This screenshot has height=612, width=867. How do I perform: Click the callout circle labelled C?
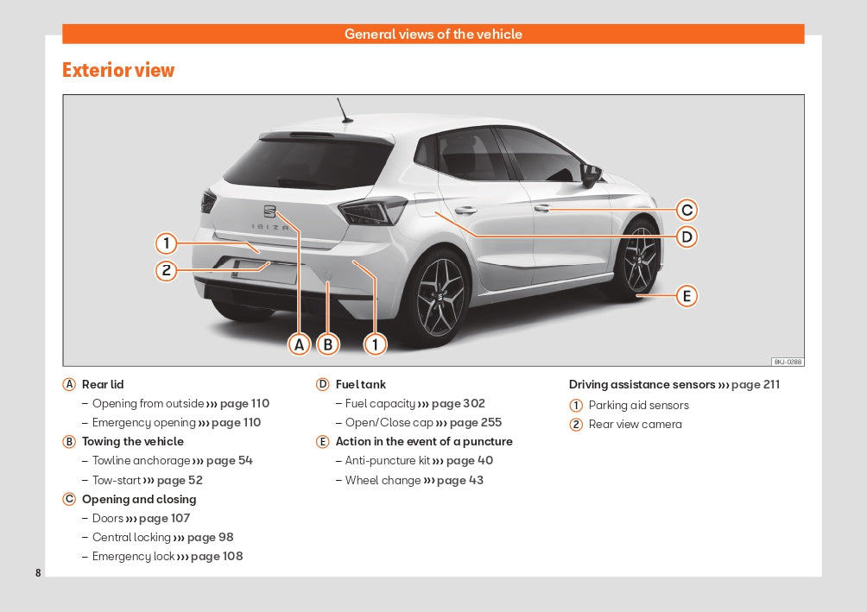point(687,210)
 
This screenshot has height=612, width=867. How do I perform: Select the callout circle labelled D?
point(687,237)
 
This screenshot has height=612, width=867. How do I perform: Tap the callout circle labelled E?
point(687,296)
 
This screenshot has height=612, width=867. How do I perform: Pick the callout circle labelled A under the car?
point(300,344)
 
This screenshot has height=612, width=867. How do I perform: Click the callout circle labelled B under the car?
point(327,344)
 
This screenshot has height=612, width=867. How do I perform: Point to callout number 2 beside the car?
point(167,270)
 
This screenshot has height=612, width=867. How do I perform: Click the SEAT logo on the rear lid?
point(269,211)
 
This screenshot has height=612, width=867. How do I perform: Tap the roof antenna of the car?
point(344,110)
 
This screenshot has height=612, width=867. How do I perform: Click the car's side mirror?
point(591,175)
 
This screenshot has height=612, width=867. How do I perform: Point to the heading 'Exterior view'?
point(118,70)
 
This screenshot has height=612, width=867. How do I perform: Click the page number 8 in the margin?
point(38,573)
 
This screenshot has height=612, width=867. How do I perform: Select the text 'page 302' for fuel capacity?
point(458,403)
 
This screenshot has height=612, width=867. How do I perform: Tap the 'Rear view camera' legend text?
point(635,424)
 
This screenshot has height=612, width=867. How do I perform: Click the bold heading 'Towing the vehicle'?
point(132,441)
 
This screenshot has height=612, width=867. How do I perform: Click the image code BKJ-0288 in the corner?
point(787,362)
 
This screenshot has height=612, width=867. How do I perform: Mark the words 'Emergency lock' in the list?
point(133,556)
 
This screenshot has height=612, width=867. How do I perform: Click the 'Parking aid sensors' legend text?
point(638,405)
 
